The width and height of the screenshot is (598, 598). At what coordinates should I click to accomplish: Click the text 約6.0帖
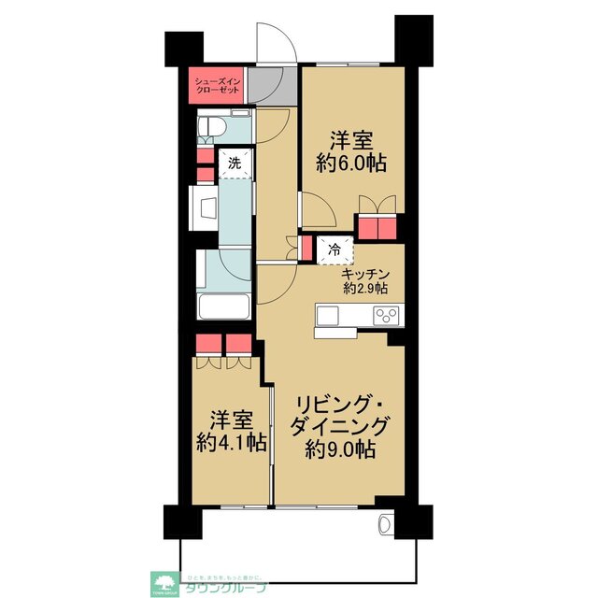[x=350, y=162]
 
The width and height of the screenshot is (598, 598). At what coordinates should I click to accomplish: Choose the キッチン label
[x=365, y=274]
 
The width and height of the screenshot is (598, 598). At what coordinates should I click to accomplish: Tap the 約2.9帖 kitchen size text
[x=365, y=288]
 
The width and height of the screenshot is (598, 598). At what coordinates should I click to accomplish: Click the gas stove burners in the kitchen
[x=387, y=316]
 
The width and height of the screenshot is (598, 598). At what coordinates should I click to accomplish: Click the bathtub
[x=223, y=306]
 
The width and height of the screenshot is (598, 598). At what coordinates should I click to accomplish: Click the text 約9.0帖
[x=340, y=448]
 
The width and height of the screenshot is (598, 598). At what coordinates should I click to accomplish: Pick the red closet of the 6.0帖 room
[x=378, y=228]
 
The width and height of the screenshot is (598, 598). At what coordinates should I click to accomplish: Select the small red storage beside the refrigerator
[x=306, y=249]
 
